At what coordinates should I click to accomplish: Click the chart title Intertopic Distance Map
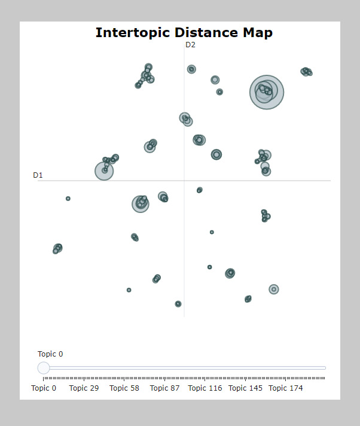(184, 32)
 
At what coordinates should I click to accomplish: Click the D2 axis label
(190, 45)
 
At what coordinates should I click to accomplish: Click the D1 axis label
(38, 175)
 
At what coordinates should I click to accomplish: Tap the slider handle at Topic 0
(44, 367)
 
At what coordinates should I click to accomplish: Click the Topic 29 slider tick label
(84, 388)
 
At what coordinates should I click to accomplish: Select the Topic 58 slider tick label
(124, 388)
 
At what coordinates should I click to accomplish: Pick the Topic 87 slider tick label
(164, 388)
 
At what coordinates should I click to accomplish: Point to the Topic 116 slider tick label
(205, 388)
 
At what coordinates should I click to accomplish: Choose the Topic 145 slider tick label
(245, 388)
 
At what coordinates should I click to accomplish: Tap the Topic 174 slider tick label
(285, 388)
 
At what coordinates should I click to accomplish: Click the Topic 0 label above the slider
(50, 354)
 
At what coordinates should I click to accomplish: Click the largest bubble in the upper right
(267, 92)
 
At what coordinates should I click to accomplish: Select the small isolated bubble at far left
(68, 198)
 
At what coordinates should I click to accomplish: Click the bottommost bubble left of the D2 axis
(178, 304)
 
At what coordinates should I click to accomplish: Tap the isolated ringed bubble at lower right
(274, 290)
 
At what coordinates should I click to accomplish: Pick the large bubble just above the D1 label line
(104, 171)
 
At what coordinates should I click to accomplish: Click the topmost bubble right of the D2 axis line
(191, 69)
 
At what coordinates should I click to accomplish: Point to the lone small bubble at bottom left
(129, 290)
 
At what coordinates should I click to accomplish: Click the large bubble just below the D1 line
(140, 204)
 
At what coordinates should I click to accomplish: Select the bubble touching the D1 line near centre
(200, 190)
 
